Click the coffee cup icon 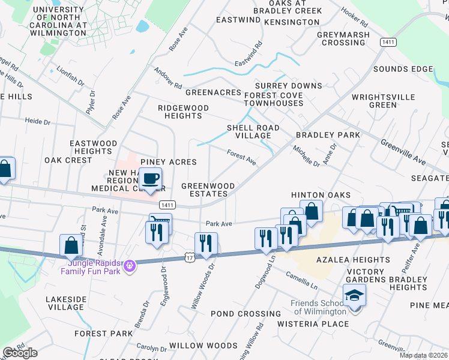point(149,178)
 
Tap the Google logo point(20,353)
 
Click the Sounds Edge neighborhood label point(402,70)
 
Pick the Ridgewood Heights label point(183,112)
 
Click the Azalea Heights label point(351,260)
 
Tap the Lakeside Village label point(65,302)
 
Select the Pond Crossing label point(246,314)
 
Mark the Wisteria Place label point(313,324)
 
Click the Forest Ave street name point(242,158)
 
